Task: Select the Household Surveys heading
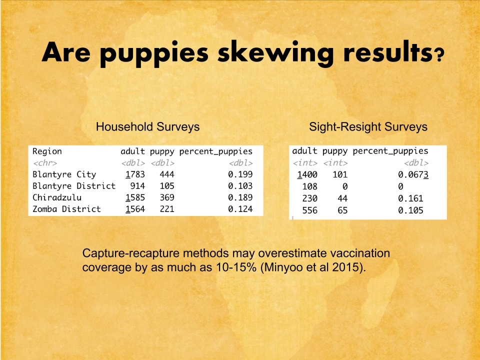[147, 126]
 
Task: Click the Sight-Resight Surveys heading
[368, 126]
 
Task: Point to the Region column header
[47, 151]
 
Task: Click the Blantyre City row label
[64, 174]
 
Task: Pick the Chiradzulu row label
[57, 197]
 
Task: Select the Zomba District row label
[66, 209]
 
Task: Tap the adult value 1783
[135, 174]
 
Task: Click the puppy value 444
[167, 174]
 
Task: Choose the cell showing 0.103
[240, 186]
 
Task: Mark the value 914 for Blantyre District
[137, 186]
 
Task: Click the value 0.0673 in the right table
[413, 175]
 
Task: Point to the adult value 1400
[307, 175]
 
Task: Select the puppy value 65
[342, 210]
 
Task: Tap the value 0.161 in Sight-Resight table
[410, 198]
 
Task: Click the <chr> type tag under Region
[45, 163]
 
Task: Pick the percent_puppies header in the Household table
[216, 151]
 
